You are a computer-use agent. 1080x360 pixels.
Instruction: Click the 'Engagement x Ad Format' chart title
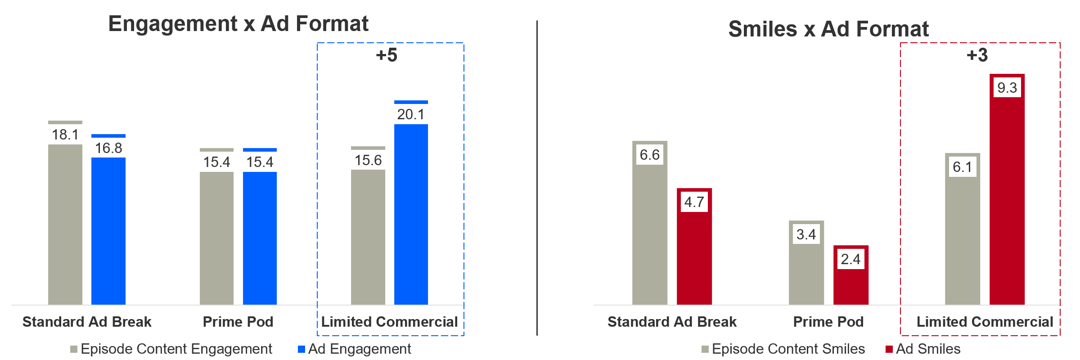[238, 24]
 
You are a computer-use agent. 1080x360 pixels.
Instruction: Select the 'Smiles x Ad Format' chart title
[828, 29]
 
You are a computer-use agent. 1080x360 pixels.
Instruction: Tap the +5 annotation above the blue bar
[387, 55]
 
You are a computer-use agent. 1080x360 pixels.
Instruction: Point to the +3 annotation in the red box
[977, 55]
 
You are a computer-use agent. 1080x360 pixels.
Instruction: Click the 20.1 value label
[410, 114]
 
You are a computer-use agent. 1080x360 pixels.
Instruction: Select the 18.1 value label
[65, 135]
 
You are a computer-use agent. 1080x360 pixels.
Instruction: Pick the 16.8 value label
[108, 148]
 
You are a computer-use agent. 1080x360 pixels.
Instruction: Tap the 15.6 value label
[368, 160]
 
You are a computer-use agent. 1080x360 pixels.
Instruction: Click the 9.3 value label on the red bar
[1007, 88]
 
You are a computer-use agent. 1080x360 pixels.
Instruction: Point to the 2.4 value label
[850, 259]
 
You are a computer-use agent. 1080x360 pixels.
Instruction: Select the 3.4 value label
[806, 234]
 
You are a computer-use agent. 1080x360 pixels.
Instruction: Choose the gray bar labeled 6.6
[649, 234]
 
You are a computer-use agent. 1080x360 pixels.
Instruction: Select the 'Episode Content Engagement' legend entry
[171, 349]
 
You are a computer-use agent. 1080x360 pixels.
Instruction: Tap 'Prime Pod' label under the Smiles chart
[828, 322]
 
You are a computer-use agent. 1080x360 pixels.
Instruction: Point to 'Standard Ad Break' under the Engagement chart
[87, 322]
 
